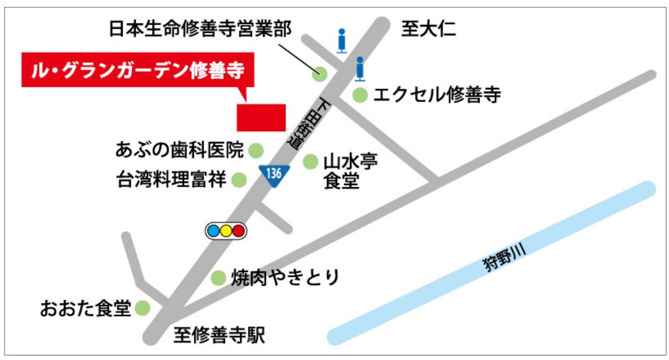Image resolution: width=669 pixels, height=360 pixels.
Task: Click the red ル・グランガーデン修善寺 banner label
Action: pos(137,70)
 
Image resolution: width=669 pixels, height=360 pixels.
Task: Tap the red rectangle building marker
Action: pos(261,118)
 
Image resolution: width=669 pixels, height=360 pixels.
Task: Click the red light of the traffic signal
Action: pos(239,231)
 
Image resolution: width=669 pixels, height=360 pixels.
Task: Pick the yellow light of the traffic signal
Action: pos(226,231)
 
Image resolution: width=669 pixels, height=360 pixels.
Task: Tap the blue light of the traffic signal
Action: pos(213,231)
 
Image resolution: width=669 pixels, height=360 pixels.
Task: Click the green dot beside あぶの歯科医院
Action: pos(255,150)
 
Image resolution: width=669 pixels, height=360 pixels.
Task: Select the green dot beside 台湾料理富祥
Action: pos(239,179)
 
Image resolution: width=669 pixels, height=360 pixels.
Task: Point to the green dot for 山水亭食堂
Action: pos(310,162)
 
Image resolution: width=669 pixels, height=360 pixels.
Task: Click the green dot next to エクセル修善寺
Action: pos(360,96)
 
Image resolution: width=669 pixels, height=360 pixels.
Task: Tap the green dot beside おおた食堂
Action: pos(143,308)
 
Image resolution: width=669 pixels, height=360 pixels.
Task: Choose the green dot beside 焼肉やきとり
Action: pos(218,278)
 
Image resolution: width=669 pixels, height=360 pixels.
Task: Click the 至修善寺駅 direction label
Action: pos(219,335)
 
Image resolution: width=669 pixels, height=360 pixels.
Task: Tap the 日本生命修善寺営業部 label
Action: pos(200,30)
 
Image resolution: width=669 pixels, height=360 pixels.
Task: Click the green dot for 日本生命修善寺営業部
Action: pos(319,73)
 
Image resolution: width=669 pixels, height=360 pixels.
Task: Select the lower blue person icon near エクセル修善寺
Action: pos(360,67)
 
